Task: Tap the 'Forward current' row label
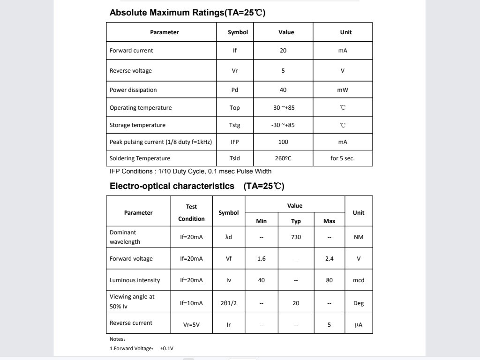point(131,51)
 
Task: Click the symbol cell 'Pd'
point(235,90)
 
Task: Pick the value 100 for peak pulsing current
point(283,142)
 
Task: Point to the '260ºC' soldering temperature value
point(283,158)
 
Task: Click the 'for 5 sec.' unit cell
point(343,158)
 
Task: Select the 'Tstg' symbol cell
point(235,125)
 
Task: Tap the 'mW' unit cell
point(343,90)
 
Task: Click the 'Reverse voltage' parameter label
point(131,71)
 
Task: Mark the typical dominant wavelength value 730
point(296,237)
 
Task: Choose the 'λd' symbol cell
point(229,237)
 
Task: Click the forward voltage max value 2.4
point(330,259)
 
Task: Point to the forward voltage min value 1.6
point(262,259)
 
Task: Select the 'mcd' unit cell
point(359,280)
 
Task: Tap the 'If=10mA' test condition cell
point(192,303)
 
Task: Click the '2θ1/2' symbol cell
point(229,303)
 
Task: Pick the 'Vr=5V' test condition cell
point(192,324)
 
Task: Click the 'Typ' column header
point(296,221)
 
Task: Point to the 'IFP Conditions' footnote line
point(190,171)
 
